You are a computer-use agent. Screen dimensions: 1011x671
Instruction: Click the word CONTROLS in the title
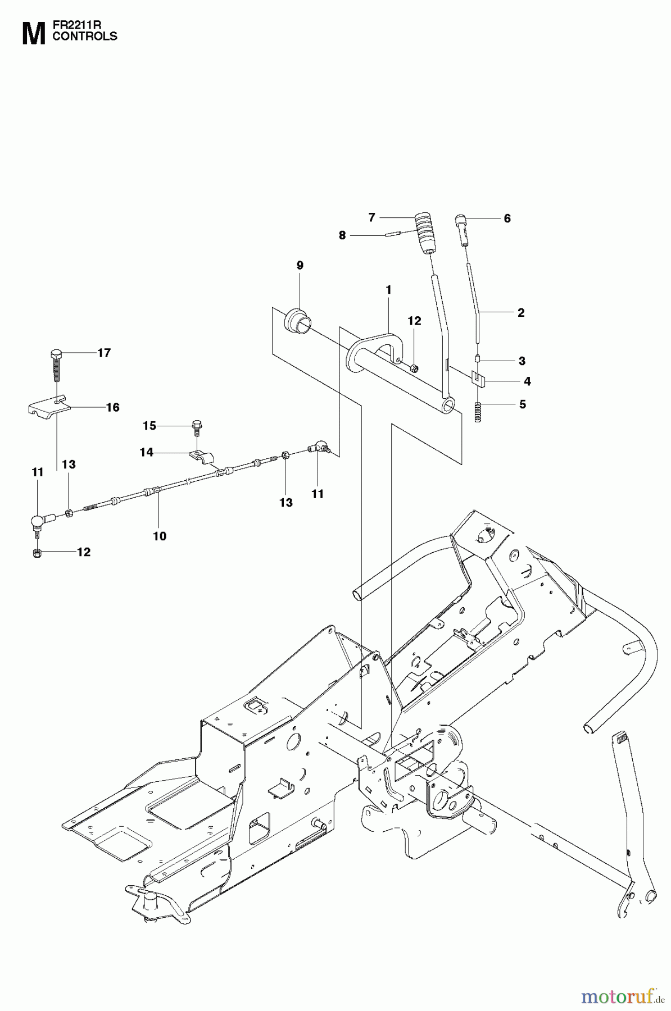click(84, 37)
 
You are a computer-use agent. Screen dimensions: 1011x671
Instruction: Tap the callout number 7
click(371, 217)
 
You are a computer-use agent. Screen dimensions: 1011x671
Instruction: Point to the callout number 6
click(507, 218)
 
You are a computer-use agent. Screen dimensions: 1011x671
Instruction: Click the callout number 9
click(300, 265)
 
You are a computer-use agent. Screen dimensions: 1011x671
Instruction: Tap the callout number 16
click(113, 407)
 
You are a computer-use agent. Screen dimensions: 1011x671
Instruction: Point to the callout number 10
click(160, 536)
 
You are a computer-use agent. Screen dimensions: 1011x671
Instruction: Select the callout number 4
click(527, 381)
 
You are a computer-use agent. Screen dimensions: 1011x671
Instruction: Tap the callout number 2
click(520, 313)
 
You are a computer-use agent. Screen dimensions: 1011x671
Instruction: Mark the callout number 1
click(388, 290)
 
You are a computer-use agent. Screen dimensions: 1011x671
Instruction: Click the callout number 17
click(104, 353)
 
